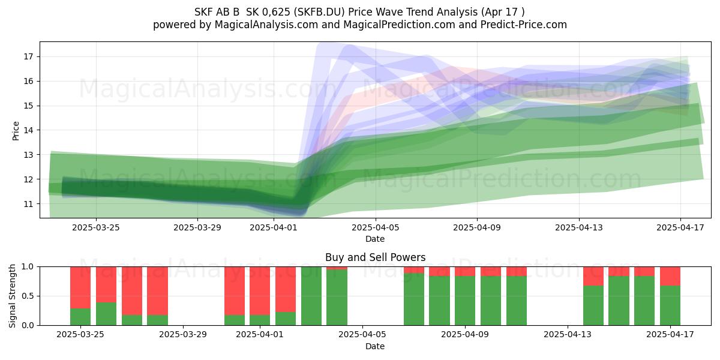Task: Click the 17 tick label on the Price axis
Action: [x=28, y=57]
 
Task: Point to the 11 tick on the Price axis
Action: [x=28, y=204]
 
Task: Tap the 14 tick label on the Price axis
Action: [x=28, y=130]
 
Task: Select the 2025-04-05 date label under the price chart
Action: [x=376, y=227]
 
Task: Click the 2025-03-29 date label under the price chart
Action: [x=197, y=227]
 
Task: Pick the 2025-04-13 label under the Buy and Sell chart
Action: [x=568, y=335]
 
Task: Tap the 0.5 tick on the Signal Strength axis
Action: [x=28, y=296]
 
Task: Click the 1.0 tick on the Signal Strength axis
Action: [x=28, y=267]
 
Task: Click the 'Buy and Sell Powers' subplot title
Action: [x=376, y=257]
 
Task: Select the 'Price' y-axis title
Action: [x=16, y=131]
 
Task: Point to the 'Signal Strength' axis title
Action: [x=12, y=296]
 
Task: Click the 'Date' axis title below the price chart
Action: [x=375, y=239]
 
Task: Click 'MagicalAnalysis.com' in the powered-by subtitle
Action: [x=266, y=25]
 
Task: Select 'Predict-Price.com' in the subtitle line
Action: [x=524, y=25]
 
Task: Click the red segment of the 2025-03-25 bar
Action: [x=80, y=287]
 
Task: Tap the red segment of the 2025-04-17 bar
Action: [x=670, y=276]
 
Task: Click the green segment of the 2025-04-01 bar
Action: [x=260, y=320]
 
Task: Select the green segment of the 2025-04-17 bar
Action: [x=670, y=305]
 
